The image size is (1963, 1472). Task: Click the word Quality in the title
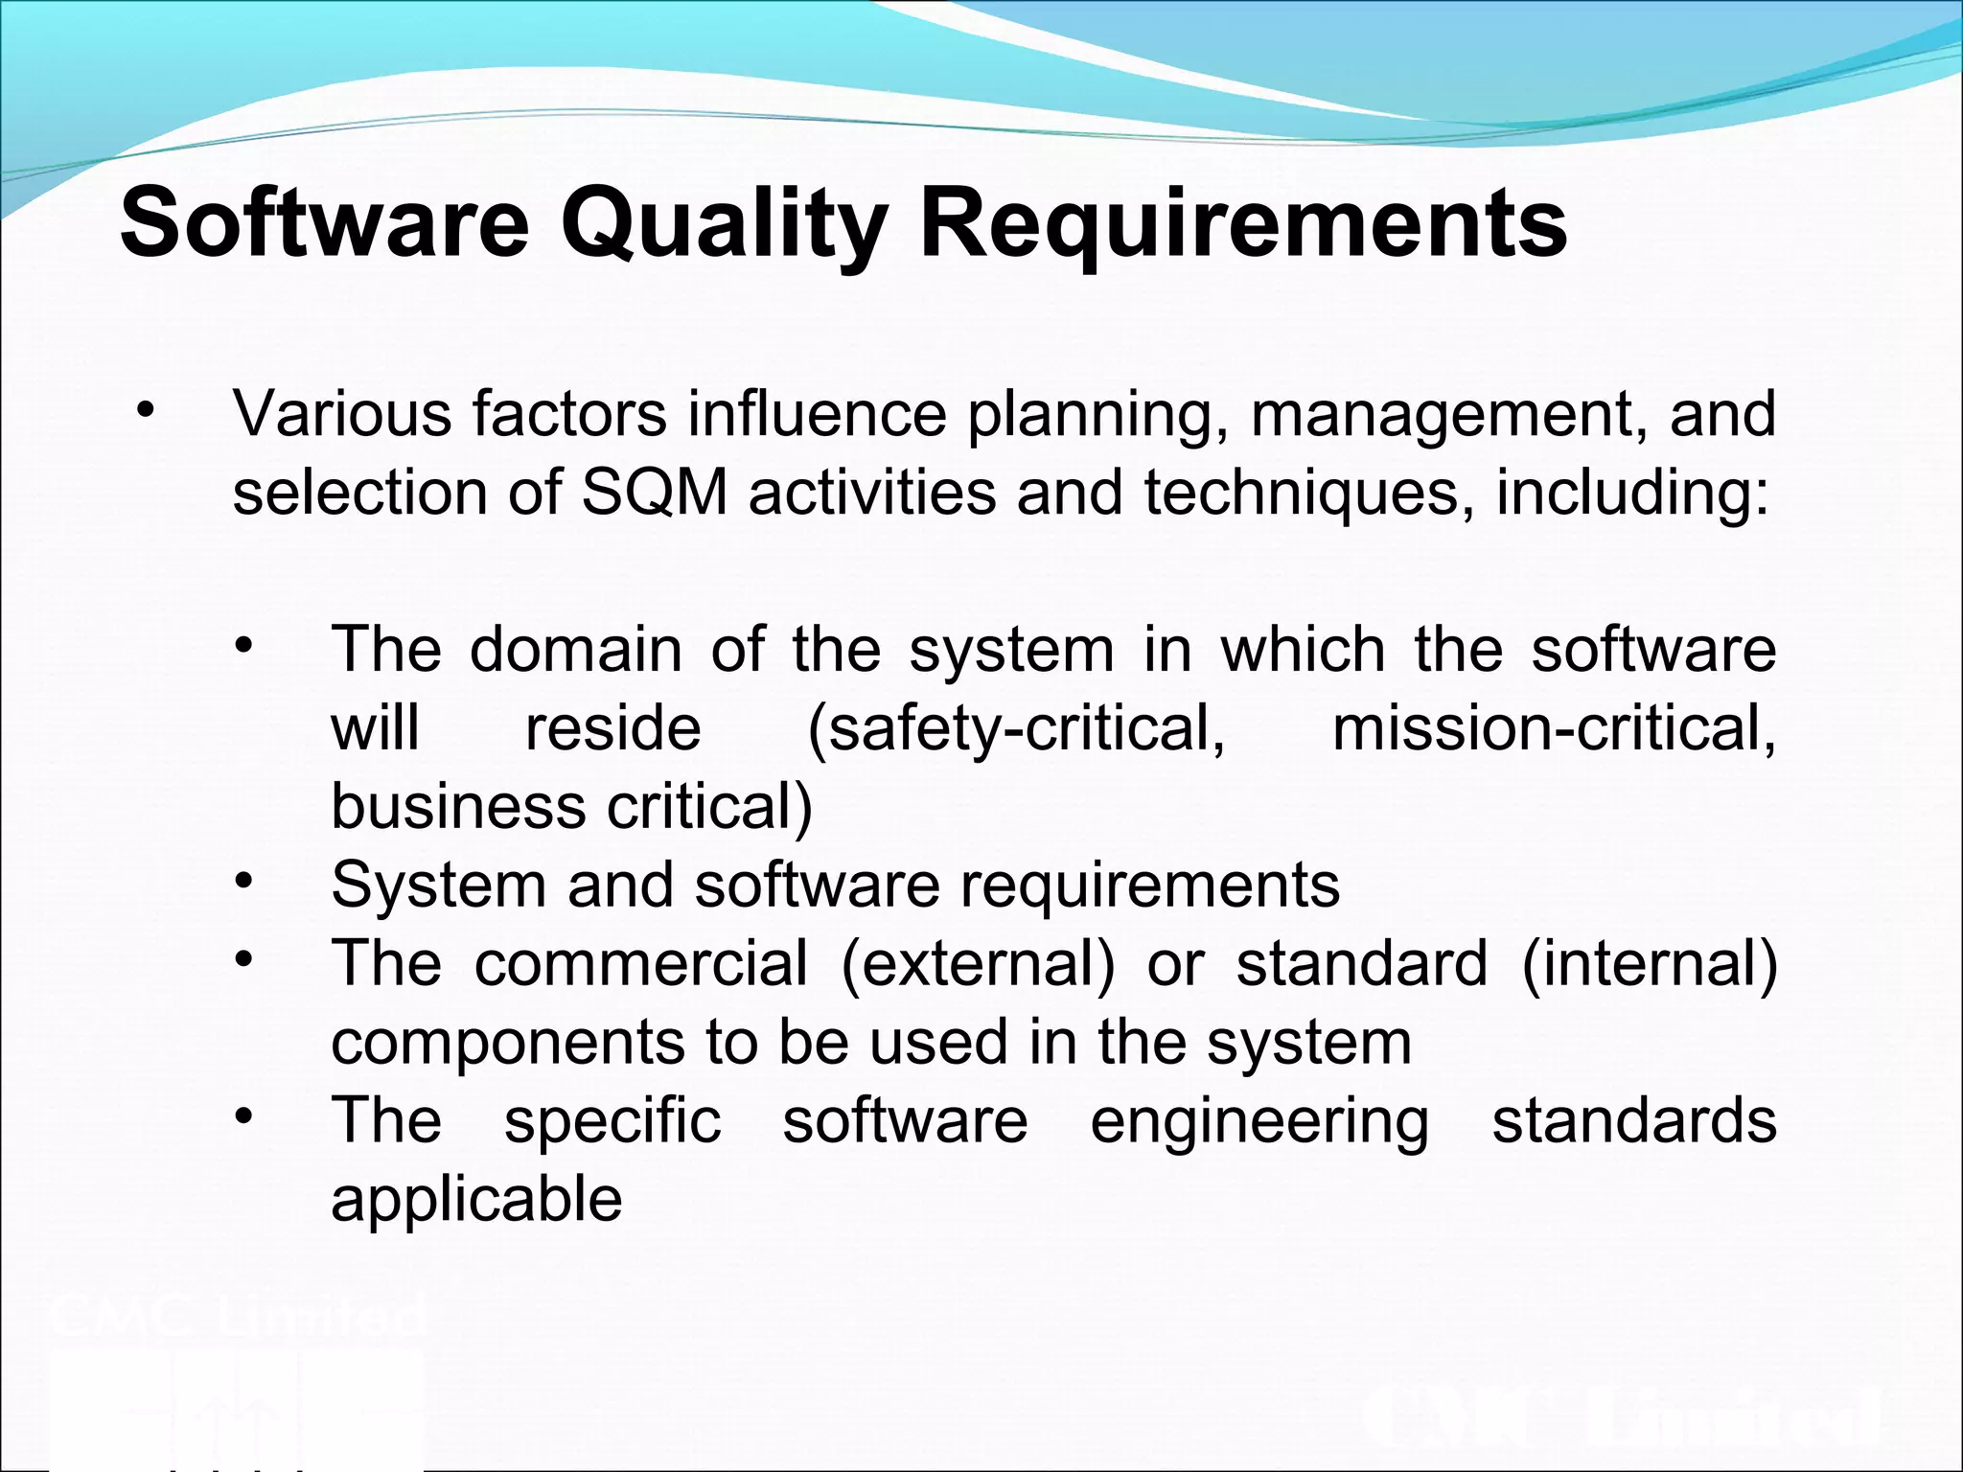click(x=723, y=224)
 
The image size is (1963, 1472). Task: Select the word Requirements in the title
click(x=1243, y=224)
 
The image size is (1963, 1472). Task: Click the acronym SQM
click(x=653, y=493)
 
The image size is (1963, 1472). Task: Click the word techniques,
click(x=1308, y=493)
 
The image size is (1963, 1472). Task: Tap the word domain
click(x=575, y=650)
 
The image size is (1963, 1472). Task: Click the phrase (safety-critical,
click(x=1016, y=728)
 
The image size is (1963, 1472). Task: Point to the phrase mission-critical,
click(x=1554, y=728)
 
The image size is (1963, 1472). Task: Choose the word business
click(x=457, y=807)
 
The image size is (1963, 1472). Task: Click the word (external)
click(x=978, y=963)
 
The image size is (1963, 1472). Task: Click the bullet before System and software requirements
click(x=245, y=878)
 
